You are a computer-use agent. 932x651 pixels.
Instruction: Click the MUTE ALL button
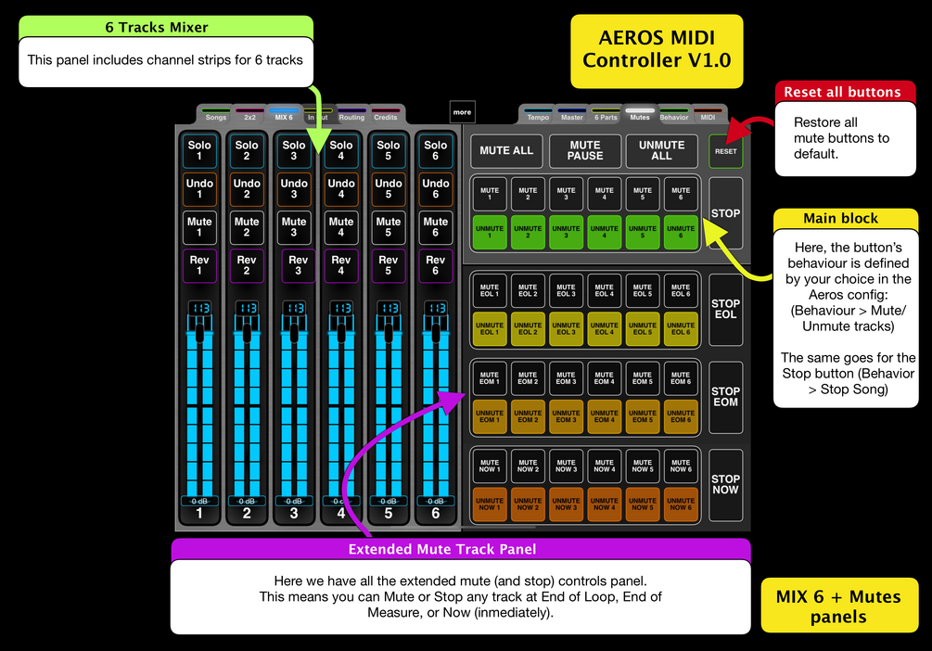(506, 150)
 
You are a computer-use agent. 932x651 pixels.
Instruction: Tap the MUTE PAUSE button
(585, 150)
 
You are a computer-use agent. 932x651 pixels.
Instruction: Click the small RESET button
(725, 151)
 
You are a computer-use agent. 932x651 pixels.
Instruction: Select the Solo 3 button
(294, 150)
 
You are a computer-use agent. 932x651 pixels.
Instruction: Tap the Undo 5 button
(389, 189)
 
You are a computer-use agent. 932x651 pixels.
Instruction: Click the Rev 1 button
(199, 265)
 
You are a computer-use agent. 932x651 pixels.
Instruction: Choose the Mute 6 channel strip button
(436, 227)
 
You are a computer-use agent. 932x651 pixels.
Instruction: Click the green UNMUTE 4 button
(604, 232)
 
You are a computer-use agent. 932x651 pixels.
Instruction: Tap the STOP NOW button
(725, 485)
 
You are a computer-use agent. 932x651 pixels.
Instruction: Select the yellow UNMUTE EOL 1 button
(490, 328)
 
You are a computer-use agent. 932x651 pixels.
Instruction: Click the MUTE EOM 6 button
(681, 377)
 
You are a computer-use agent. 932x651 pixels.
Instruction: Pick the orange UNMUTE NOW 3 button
(566, 504)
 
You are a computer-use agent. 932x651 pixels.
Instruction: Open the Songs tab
(215, 116)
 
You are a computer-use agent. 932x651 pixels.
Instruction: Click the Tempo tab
(538, 116)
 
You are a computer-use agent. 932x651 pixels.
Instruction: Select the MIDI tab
(708, 116)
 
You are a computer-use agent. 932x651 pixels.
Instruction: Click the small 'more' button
(462, 112)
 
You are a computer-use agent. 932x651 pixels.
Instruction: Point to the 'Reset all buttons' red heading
(842, 92)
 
